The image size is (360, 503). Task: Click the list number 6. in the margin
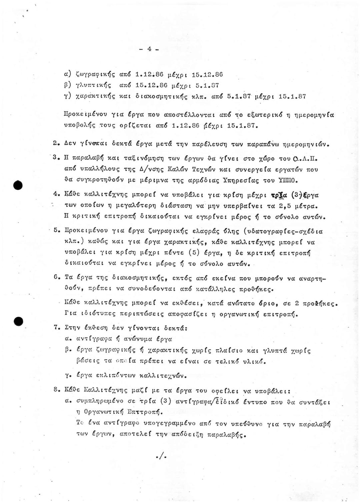pyautogui.click(x=56, y=277)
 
